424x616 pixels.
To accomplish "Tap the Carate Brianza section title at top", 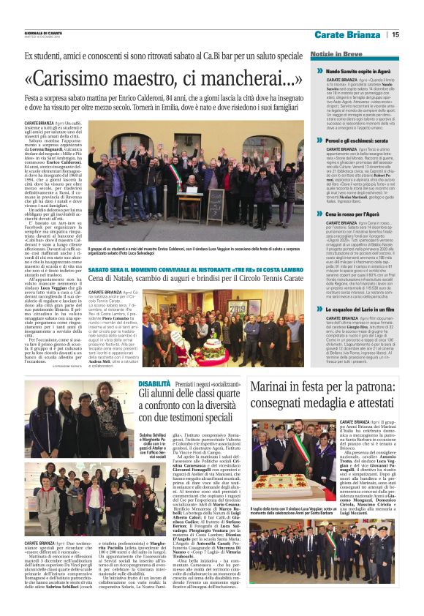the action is (348, 34).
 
